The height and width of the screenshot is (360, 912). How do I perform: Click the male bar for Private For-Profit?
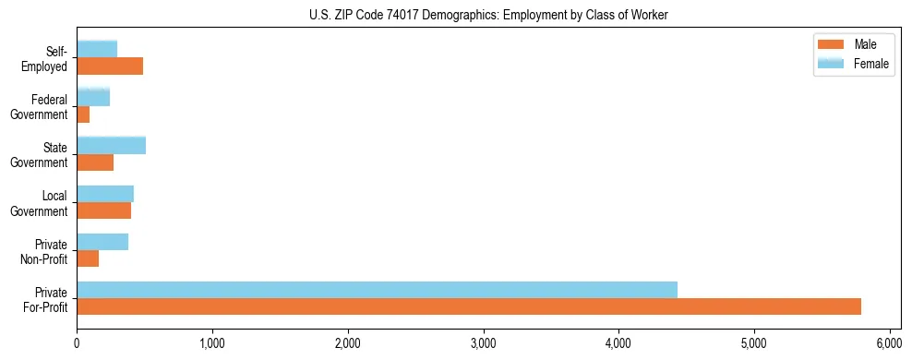click(469, 306)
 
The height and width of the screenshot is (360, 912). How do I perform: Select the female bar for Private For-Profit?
click(377, 290)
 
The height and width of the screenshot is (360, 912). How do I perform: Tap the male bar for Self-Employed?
click(110, 66)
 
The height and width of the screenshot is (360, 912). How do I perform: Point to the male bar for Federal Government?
click(83, 114)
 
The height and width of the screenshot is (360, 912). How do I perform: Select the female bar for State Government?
click(111, 146)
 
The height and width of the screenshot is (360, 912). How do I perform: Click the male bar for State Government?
click(95, 162)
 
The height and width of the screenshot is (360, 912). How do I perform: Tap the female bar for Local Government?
click(105, 194)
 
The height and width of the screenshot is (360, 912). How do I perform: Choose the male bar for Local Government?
click(103, 210)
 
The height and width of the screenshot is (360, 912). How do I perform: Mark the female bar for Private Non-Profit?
click(102, 242)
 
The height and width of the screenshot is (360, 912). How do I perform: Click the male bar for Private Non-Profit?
click(88, 258)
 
